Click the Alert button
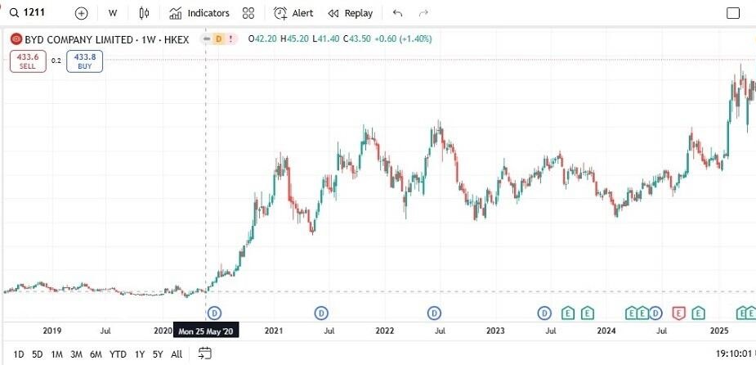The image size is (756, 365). pyautogui.click(x=293, y=13)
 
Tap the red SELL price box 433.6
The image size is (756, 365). pyautogui.click(x=28, y=61)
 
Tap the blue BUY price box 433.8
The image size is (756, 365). pyautogui.click(x=84, y=61)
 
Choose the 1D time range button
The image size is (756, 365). pyautogui.click(x=19, y=354)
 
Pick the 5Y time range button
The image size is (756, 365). pyautogui.click(x=158, y=354)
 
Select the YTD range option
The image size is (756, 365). pyautogui.click(x=118, y=354)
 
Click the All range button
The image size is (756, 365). pyautogui.click(x=177, y=354)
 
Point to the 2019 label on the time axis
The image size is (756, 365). pyautogui.click(x=51, y=331)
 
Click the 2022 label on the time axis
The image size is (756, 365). pyautogui.click(x=385, y=331)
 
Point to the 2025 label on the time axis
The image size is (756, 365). pyautogui.click(x=718, y=331)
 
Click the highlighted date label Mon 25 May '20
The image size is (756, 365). pyautogui.click(x=207, y=331)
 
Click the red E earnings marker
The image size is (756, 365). pyautogui.click(x=678, y=313)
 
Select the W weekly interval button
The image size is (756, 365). pyautogui.click(x=112, y=13)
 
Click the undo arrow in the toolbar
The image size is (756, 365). pyautogui.click(x=398, y=13)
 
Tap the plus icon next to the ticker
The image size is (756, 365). pyautogui.click(x=81, y=13)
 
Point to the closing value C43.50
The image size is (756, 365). pyautogui.click(x=357, y=38)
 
